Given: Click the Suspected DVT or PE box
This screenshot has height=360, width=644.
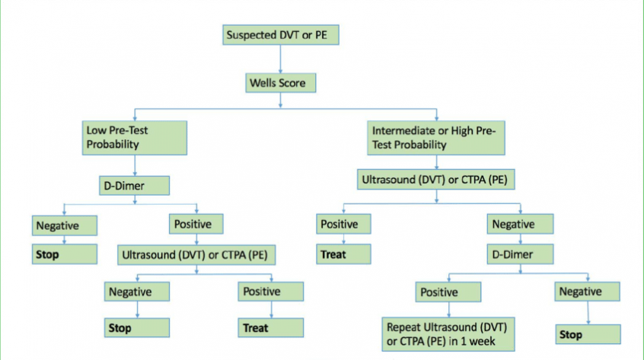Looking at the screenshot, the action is click(x=281, y=35).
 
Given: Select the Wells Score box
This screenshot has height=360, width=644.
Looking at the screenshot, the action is click(x=281, y=83).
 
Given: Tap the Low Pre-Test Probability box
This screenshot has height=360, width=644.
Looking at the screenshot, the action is click(x=135, y=138).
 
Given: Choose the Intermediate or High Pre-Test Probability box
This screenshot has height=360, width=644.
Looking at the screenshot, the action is click(x=436, y=138).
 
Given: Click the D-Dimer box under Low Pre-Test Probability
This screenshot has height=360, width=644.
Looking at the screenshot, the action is click(x=134, y=186).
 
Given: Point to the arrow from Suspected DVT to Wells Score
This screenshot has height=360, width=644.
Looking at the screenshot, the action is click(x=281, y=59).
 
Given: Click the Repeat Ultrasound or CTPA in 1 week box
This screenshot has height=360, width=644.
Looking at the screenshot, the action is click(x=448, y=334).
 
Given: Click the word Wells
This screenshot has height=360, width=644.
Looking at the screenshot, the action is click(x=263, y=83).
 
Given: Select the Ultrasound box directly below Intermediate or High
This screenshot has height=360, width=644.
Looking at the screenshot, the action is click(x=435, y=180).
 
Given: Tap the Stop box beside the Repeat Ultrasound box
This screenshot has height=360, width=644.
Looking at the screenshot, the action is click(x=588, y=334).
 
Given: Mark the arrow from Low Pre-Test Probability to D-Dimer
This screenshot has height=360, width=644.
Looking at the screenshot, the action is click(x=135, y=165).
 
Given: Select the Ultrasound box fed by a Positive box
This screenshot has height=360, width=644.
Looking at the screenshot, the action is click(x=196, y=255).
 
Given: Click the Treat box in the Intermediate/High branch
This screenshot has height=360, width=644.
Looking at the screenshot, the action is click(x=344, y=254).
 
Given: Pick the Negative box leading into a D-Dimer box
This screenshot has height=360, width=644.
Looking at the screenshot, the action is click(x=521, y=224).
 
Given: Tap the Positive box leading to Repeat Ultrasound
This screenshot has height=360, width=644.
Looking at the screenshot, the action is click(x=448, y=292).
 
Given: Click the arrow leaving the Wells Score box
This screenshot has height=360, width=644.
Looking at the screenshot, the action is click(x=281, y=100).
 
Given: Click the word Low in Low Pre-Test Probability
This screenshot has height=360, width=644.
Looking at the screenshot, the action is click(x=95, y=131).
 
